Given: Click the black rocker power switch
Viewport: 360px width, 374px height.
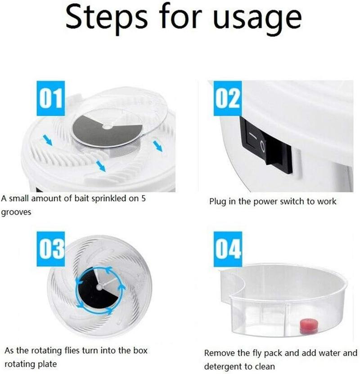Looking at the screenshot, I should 265,143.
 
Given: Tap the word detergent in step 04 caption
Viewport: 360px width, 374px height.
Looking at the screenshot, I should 223,366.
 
